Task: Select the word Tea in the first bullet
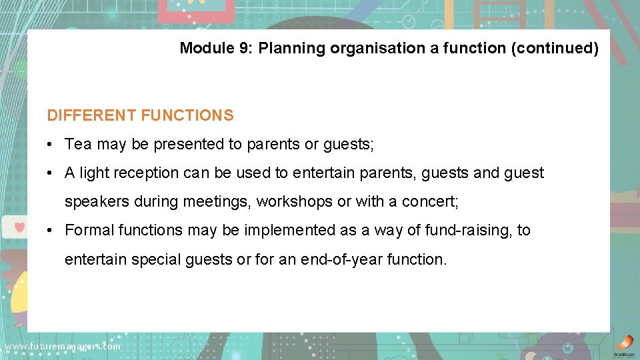tap(78, 144)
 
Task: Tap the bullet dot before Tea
tap(50, 145)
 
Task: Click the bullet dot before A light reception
tap(50, 173)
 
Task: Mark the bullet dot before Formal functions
tap(50, 231)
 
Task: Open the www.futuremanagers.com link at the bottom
tap(62, 346)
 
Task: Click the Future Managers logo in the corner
tap(624, 344)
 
